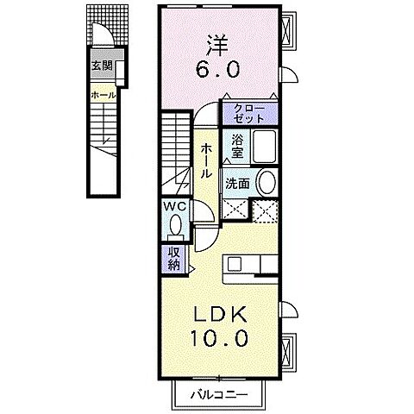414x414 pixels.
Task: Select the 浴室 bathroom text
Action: [x=236, y=148]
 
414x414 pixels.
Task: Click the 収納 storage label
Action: [x=173, y=257]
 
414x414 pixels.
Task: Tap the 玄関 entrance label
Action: [x=102, y=66]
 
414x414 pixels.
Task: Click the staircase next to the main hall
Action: [x=175, y=155]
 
